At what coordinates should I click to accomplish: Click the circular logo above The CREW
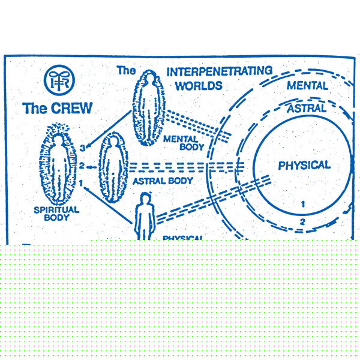(59, 80)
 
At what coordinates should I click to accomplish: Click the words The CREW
(58, 108)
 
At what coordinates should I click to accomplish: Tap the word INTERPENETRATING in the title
(219, 72)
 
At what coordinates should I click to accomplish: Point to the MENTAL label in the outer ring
(307, 86)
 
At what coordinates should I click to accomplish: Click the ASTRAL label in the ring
(307, 109)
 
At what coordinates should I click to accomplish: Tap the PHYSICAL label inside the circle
(304, 165)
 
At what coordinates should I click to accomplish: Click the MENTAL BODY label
(184, 143)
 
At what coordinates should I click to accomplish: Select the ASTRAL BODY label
(163, 181)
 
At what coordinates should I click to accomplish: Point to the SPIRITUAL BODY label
(56, 213)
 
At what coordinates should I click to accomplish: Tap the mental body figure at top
(148, 108)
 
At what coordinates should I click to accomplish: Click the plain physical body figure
(144, 216)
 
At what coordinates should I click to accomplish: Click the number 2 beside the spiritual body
(82, 166)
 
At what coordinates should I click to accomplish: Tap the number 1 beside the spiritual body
(80, 182)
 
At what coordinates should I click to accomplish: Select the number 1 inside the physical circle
(303, 204)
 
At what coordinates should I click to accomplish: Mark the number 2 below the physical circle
(303, 222)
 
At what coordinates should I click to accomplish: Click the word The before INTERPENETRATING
(126, 71)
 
